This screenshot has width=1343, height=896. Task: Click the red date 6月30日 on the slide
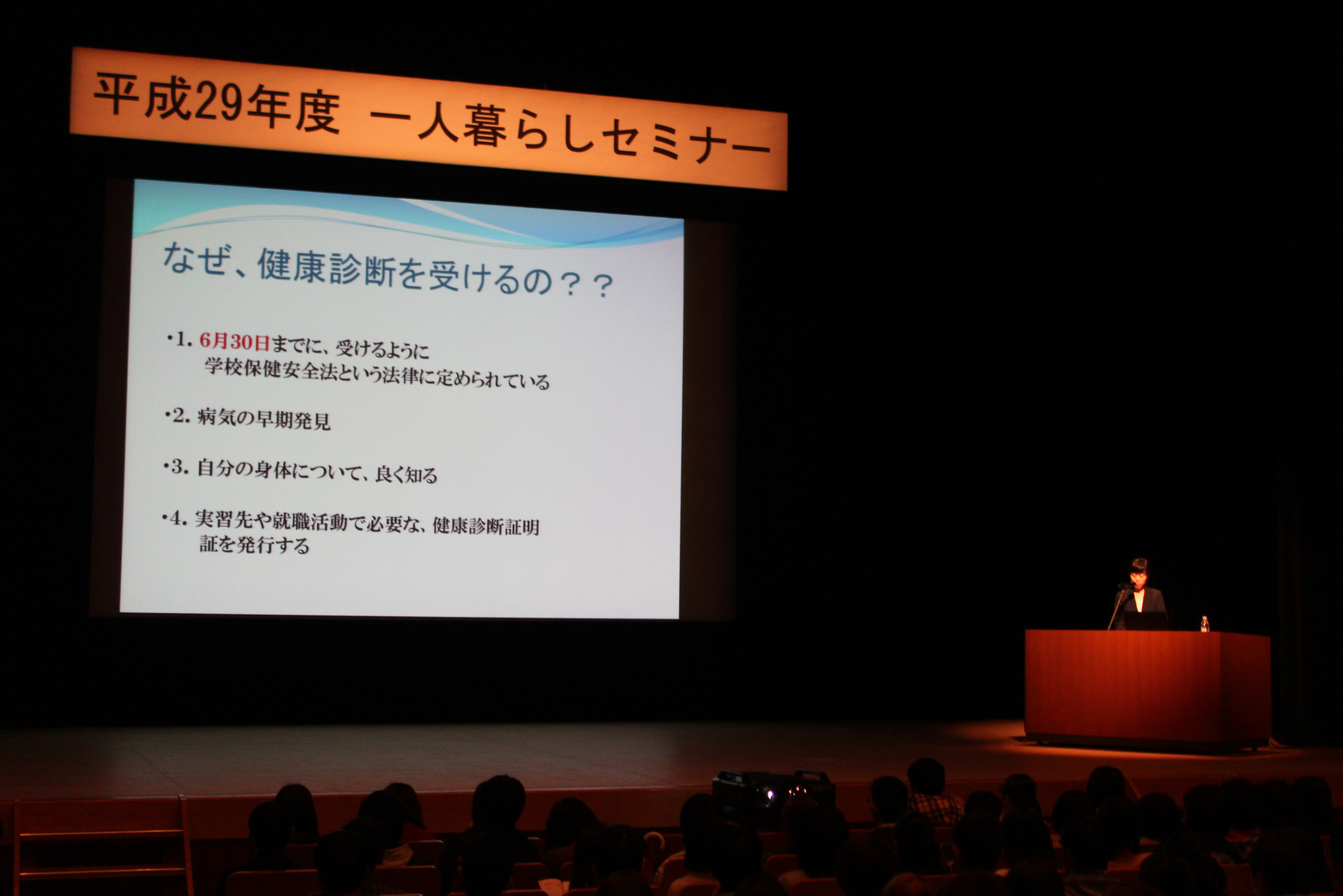coord(234,342)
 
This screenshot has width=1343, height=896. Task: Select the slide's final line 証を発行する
coord(254,544)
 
